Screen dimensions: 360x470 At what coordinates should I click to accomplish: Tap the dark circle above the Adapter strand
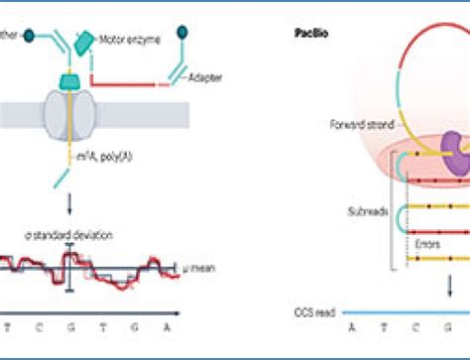(x=181, y=32)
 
